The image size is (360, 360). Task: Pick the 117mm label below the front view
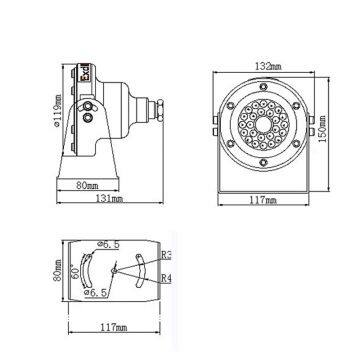(x=264, y=199)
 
